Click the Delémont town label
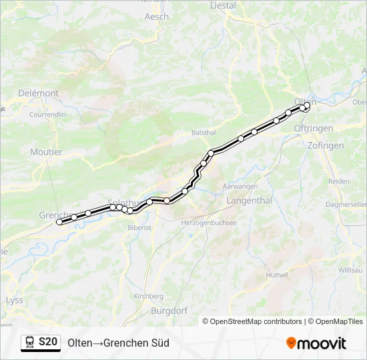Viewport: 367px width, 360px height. (x=38, y=93)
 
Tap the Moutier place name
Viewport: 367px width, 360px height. (x=46, y=152)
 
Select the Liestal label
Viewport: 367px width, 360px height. (x=223, y=5)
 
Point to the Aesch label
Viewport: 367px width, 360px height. (x=157, y=17)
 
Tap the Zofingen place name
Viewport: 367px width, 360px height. (x=326, y=145)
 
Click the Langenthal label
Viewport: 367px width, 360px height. (x=249, y=200)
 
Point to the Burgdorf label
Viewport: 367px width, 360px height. (x=169, y=311)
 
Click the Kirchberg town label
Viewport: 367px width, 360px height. (x=148, y=296)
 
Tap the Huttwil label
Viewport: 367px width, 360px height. (x=276, y=275)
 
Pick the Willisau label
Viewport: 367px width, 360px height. (x=350, y=270)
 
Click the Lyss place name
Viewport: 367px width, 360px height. (x=14, y=300)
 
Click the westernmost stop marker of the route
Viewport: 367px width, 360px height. (x=59, y=222)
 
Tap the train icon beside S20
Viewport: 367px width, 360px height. (x=30, y=343)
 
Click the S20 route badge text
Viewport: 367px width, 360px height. (x=47, y=343)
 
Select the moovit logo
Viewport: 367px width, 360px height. (x=316, y=343)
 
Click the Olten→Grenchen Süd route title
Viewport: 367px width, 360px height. (x=118, y=343)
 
